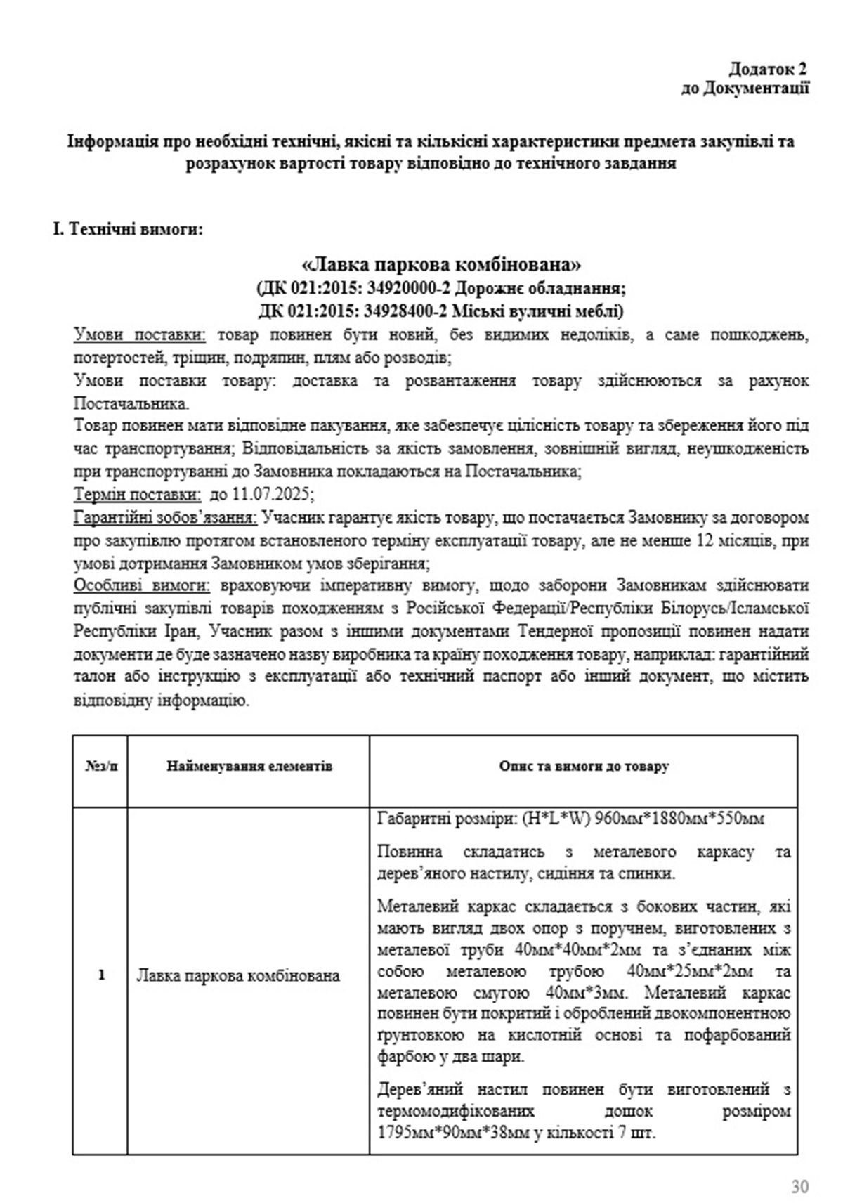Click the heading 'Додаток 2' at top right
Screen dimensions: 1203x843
tap(766, 69)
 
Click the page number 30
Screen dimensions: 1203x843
tap(799, 1187)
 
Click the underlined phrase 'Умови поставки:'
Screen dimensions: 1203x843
tap(140, 334)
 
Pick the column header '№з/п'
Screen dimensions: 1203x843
tap(101, 766)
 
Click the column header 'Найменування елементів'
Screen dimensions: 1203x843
tap(249, 766)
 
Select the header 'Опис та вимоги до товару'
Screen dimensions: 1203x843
tap(583, 766)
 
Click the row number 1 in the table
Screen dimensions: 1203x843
tap(101, 975)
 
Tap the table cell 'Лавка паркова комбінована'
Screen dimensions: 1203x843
tap(237, 975)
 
